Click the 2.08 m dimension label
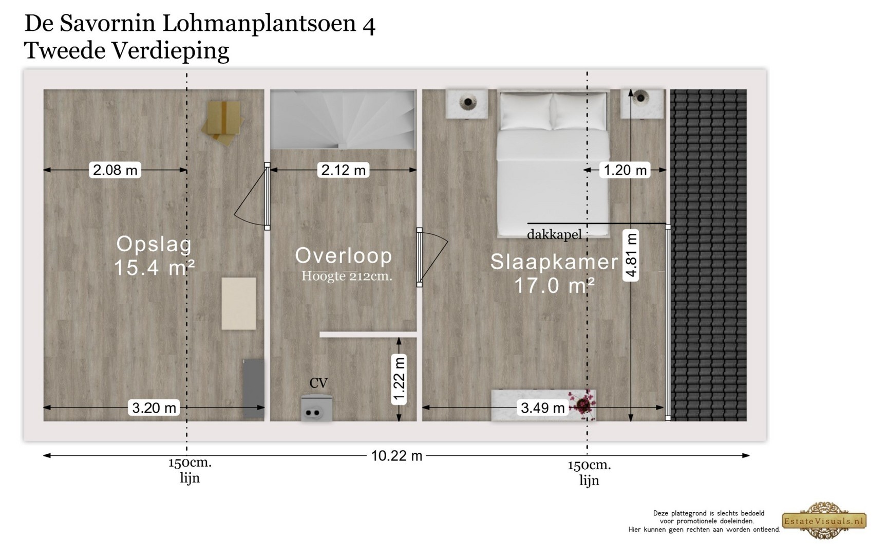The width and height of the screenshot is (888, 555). pos(115,170)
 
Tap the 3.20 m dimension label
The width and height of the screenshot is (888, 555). pos(154,408)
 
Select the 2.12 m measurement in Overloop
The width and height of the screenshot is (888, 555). pos(343,170)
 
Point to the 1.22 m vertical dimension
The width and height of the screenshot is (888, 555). pos(399,379)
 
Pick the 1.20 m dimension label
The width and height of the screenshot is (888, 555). pos(625,170)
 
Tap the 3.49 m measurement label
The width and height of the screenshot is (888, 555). pos(542,408)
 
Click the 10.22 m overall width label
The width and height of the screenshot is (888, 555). pos(396,455)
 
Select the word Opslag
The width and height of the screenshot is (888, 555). pos(154,244)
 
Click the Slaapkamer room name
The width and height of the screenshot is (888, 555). pos(554,262)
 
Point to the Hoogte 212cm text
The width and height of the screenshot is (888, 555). pos(346,276)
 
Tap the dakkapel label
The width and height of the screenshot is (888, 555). pos(554,235)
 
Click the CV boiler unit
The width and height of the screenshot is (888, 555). pos(316,408)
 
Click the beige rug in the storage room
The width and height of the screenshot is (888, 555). pos(239,304)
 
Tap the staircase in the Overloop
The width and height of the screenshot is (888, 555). pos(343,120)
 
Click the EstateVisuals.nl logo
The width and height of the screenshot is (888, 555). pos(824,521)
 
